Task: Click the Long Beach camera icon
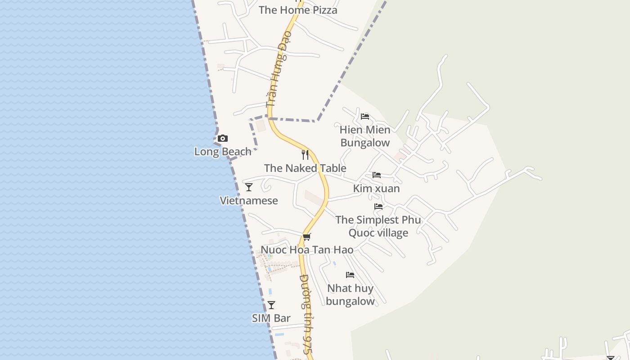223,139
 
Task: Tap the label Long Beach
223,152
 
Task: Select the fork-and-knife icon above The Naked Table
305,155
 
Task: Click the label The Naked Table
305,168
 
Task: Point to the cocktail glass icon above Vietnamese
249,187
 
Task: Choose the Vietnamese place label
249,201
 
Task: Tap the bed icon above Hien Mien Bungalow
365,117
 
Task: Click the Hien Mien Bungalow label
365,136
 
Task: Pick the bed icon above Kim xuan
377,175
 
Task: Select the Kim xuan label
377,189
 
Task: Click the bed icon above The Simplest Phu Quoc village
378,207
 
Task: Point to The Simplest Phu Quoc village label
378,226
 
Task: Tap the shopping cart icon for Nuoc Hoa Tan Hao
307,237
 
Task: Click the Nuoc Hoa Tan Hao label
307,250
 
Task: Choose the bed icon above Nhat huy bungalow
350,275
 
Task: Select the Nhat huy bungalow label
350,295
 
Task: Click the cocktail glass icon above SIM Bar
271,305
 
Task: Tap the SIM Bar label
271,318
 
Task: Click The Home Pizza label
298,10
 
